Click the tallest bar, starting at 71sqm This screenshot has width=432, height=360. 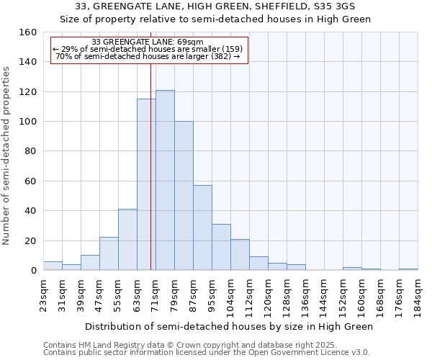click(165, 180)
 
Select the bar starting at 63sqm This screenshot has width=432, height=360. click(146, 184)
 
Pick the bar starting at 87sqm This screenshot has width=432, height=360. click(202, 228)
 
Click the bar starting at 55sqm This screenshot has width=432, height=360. click(127, 240)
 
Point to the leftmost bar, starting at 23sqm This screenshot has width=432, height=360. click(53, 266)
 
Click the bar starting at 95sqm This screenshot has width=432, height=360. click(221, 247)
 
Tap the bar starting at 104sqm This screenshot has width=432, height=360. click(240, 255)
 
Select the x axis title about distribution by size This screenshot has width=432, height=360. click(229, 326)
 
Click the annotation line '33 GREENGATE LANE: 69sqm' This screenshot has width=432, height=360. click(148, 42)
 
